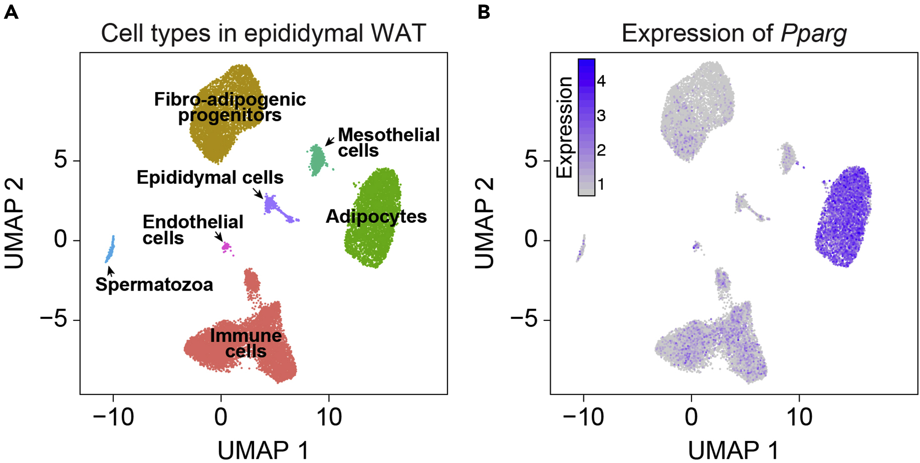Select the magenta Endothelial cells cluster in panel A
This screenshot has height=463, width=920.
[x=226, y=247]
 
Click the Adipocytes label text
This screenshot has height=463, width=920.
[x=376, y=217]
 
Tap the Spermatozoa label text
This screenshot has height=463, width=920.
[x=154, y=285]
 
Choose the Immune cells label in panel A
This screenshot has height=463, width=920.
[x=246, y=343]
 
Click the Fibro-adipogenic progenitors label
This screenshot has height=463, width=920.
[x=230, y=107]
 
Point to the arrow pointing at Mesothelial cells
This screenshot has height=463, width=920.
[x=330, y=141]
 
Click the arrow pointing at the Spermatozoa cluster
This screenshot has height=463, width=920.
[x=110, y=271]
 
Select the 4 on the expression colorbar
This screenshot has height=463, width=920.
[x=601, y=81]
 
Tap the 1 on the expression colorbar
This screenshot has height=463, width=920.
[x=600, y=184]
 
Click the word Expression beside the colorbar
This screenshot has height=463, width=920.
[x=565, y=127]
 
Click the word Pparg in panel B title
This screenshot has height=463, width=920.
[x=813, y=33]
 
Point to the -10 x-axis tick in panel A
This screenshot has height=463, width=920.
[x=113, y=417]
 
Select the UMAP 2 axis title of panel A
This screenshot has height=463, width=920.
[x=14, y=223]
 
